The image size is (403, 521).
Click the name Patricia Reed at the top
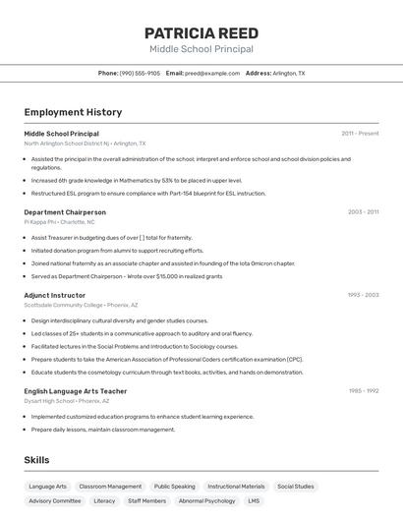tap(201, 33)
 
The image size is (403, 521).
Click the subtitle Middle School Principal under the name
tap(201, 49)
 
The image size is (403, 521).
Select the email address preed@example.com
tap(212, 73)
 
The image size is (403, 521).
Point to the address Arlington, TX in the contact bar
tap(288, 73)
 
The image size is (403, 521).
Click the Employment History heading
tap(73, 112)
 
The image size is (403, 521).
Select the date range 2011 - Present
tap(360, 133)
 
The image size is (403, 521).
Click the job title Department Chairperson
tap(65, 211)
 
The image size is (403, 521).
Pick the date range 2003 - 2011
tap(363, 211)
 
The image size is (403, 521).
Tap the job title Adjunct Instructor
tap(55, 295)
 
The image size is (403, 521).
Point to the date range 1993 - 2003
tap(363, 295)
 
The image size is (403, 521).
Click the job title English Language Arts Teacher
tap(76, 390)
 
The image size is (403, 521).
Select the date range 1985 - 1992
tap(364, 390)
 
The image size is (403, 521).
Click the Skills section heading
tap(36, 459)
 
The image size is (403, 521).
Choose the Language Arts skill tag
tap(48, 487)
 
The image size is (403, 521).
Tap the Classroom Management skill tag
tap(110, 487)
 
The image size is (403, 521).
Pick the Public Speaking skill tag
tap(174, 487)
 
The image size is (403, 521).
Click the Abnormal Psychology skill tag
tap(207, 501)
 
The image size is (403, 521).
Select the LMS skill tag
tap(254, 501)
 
